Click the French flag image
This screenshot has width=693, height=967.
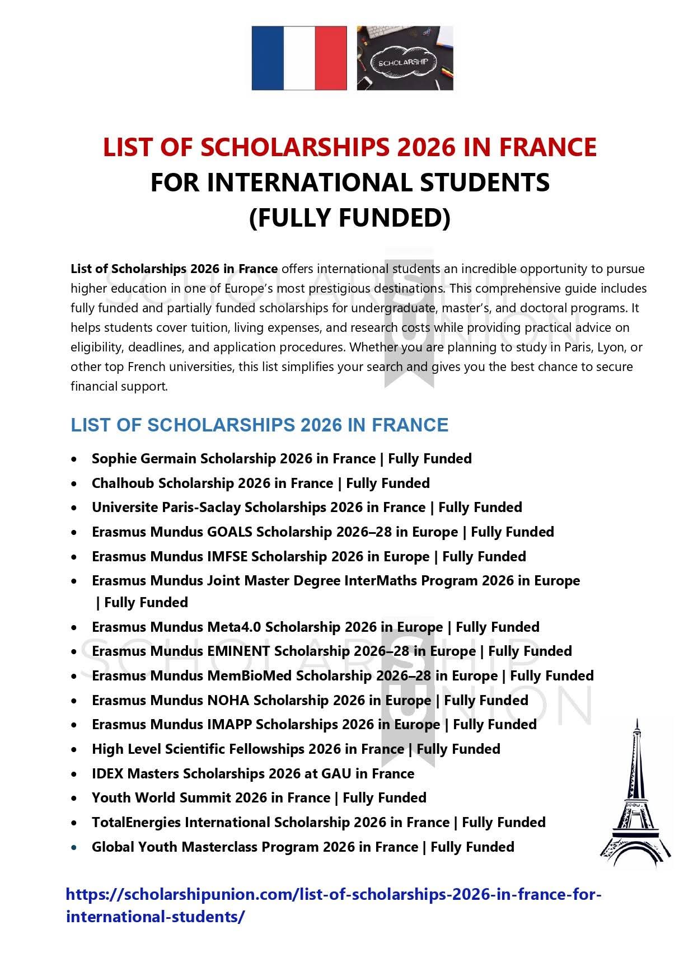299,58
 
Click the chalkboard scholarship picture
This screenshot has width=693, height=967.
405,58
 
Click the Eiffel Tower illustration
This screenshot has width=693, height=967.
636,794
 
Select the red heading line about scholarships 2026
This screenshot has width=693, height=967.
350,147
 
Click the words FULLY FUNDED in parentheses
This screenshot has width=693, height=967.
350,218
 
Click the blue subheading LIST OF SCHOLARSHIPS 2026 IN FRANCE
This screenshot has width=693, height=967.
259,425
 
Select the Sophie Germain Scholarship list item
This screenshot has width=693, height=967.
282,459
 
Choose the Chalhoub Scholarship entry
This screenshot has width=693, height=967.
260,483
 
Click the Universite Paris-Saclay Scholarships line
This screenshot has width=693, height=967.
307,508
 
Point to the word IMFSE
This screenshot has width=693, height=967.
228,557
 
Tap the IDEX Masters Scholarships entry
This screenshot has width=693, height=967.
253,774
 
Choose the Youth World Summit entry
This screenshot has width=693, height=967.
259,798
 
